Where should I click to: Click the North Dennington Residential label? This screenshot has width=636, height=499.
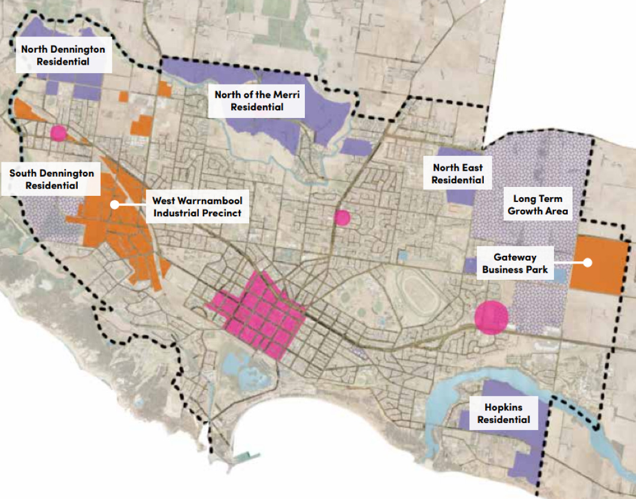[x=63, y=55]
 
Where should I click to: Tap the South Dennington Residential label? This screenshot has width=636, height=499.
[x=52, y=179]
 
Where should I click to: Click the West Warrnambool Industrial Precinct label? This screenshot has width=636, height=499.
[x=197, y=207]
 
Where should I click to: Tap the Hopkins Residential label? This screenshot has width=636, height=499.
[x=503, y=413]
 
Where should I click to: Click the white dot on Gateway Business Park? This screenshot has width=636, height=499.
[x=588, y=262]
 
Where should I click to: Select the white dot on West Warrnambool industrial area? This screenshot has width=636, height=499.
[x=114, y=204]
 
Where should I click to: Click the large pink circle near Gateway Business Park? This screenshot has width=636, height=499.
[x=492, y=317]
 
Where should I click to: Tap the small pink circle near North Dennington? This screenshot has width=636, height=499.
[x=58, y=133]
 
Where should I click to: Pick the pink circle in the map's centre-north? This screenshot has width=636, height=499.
[x=342, y=217]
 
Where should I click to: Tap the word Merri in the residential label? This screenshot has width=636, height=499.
[x=287, y=93]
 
